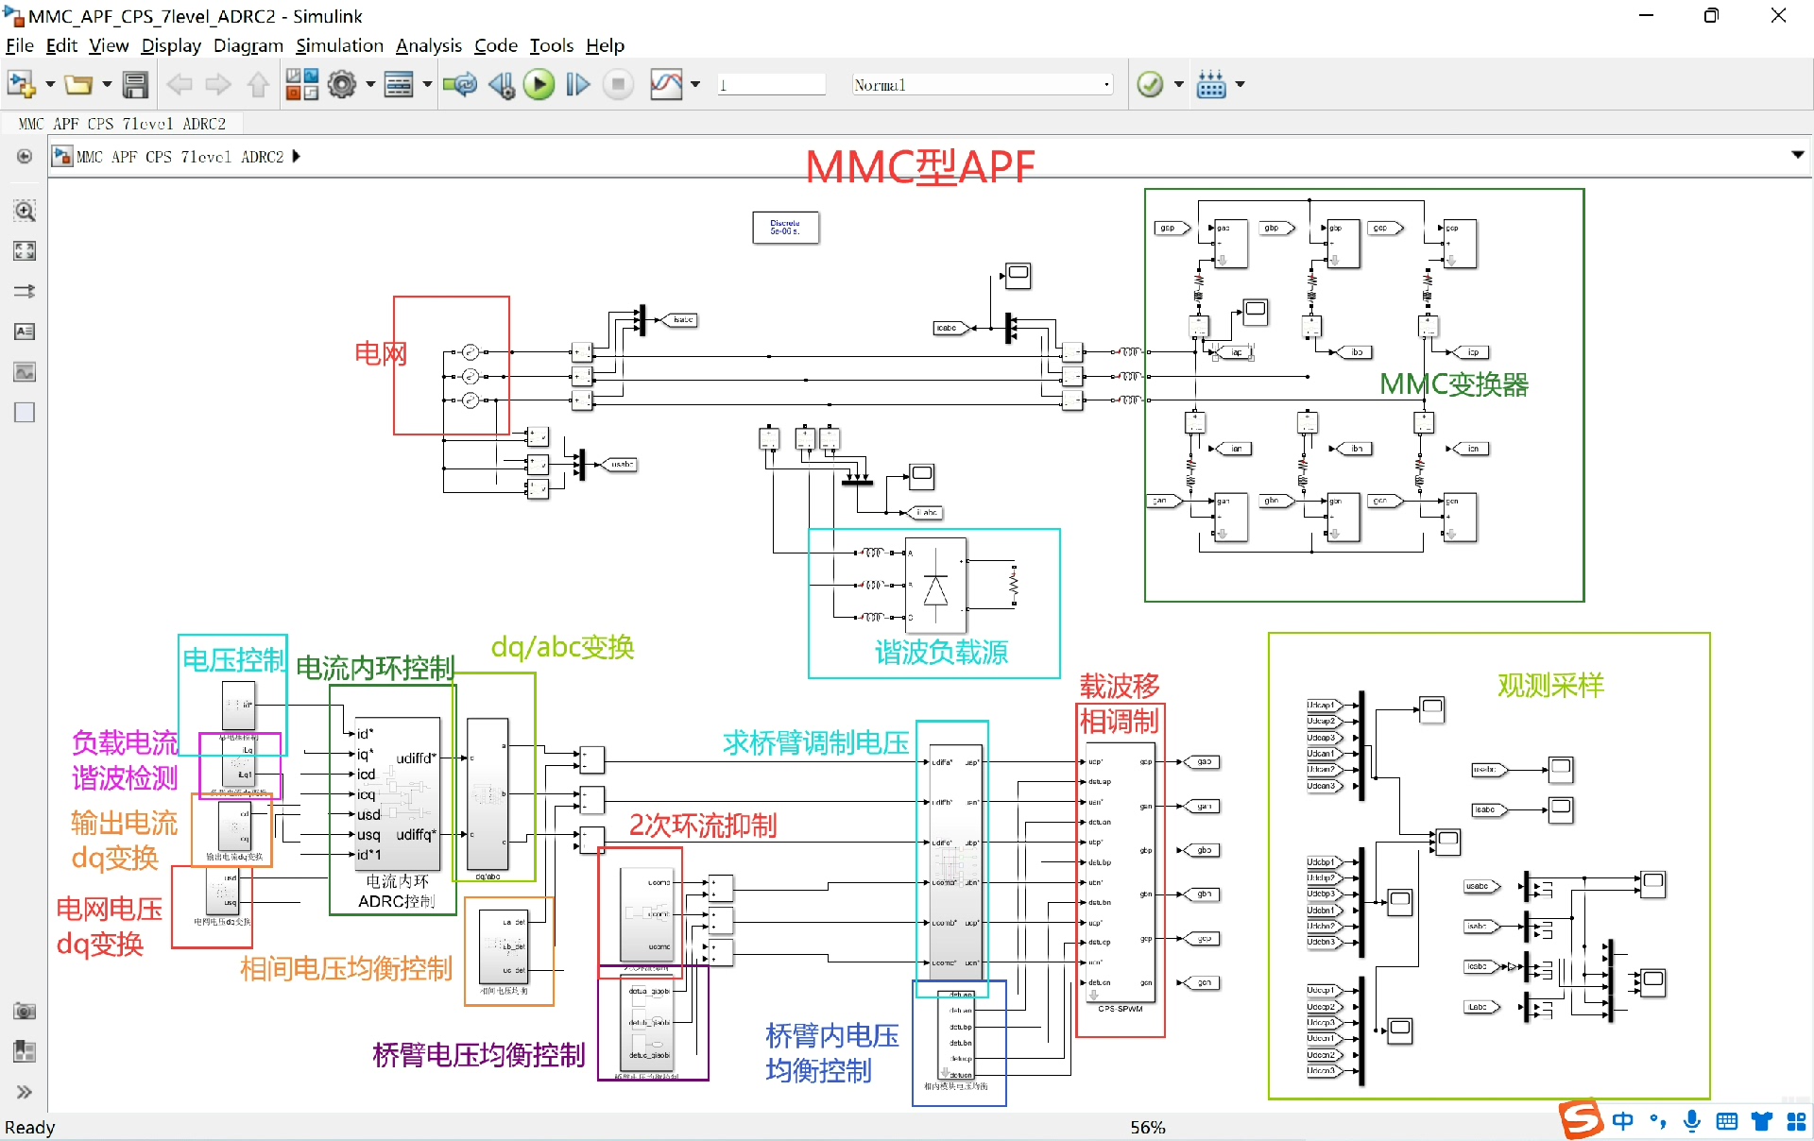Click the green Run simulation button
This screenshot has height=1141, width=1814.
[539, 85]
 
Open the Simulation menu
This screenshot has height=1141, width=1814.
[339, 45]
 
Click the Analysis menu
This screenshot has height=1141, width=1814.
[428, 45]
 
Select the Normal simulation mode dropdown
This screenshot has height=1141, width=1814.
[982, 85]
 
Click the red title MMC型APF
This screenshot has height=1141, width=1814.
[920, 167]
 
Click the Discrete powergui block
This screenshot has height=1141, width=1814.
[785, 228]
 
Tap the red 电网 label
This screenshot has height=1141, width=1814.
[380, 353]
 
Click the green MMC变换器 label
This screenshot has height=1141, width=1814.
[1453, 384]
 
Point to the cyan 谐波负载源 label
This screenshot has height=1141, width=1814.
[941, 652]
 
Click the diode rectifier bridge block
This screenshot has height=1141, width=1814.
[935, 587]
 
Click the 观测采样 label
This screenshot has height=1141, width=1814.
[1550, 685]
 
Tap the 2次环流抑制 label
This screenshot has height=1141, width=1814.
[703, 825]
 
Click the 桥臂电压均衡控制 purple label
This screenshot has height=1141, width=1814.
[479, 1054]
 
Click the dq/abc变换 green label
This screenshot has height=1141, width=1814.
[562, 647]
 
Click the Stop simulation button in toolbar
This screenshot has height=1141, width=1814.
[618, 85]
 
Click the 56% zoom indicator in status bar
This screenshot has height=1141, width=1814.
[1147, 1127]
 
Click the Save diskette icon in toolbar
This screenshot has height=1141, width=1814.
[136, 85]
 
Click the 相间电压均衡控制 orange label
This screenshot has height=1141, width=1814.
[346, 968]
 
